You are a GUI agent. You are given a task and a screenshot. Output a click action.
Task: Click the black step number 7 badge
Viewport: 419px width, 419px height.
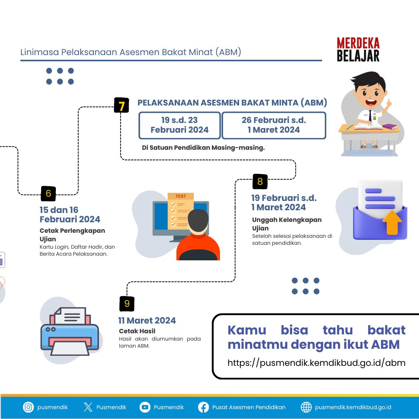coord(121,105)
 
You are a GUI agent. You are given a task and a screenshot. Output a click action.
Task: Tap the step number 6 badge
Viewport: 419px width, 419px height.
coord(48,194)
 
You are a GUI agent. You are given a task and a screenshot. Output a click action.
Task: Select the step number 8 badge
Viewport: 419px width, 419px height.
coord(260,182)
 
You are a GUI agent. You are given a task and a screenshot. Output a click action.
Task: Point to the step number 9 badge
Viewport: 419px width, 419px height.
coord(127,304)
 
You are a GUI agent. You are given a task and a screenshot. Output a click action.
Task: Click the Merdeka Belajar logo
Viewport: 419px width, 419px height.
coord(358,49)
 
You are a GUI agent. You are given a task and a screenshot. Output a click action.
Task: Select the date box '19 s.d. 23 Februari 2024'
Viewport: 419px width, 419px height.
coord(180,125)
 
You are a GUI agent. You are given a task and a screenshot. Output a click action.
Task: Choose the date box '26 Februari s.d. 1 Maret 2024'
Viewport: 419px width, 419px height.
coord(274,125)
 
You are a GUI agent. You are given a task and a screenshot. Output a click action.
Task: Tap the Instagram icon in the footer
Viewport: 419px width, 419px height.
coord(28,407)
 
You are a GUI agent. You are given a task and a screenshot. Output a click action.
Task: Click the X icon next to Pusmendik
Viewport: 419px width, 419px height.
coord(88,407)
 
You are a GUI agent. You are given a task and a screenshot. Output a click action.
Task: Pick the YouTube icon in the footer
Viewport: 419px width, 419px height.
coord(145,407)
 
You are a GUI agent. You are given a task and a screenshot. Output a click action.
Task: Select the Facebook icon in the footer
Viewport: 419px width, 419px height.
coord(203,407)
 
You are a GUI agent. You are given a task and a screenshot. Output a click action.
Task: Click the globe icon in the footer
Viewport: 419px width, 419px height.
coord(306,407)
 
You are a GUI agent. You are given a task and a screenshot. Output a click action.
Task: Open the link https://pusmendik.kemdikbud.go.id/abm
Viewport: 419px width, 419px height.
coord(317,363)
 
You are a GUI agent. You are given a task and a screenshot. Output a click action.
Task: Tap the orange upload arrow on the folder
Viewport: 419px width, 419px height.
coord(392,222)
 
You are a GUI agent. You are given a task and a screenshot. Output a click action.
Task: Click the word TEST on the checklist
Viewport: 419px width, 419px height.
coord(181,196)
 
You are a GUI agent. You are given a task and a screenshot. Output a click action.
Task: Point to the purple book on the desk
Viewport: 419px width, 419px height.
coord(390,126)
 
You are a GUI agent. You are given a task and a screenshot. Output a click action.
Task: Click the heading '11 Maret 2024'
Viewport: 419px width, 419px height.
coord(147,320)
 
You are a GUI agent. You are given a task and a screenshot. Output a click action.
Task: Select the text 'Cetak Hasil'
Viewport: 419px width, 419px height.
coord(137,331)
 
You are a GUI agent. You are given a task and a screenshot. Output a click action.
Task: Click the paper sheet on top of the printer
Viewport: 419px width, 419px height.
coord(71,315)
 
